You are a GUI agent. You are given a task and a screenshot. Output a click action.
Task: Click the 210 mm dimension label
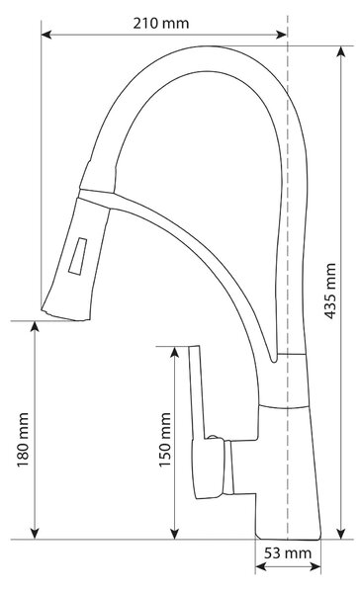click(161, 24)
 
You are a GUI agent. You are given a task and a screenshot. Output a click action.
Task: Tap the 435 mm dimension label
click(331, 291)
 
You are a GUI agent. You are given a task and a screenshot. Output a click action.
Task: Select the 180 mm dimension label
click(23, 440)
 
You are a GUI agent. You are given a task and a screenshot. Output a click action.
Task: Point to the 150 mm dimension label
click(165, 440)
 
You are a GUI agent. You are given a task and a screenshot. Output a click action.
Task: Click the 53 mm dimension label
click(288, 553)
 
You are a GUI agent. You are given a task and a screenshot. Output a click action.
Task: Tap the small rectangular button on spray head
click(77, 256)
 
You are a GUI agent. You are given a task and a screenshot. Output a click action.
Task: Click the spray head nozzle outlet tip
click(65, 316)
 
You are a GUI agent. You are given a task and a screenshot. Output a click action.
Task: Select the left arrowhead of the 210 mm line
click(46, 35)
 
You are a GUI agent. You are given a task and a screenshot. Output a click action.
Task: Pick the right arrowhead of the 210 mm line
click(281, 35)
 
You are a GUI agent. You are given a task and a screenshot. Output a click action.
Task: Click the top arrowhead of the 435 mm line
click(341, 51)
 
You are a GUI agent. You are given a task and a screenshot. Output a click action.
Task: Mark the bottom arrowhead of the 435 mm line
click(341, 534)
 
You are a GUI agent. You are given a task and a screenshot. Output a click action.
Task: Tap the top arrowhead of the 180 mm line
click(35, 326)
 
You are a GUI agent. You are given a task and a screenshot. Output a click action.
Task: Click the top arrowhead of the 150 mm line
click(174, 352)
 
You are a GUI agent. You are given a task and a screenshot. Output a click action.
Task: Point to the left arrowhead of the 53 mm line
click(261, 566)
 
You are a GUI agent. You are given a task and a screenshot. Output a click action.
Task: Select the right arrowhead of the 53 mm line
click(315, 566)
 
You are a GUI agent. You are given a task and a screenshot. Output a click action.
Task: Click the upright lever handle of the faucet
click(197, 393)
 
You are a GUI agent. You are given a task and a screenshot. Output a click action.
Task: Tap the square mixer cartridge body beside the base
click(208, 467)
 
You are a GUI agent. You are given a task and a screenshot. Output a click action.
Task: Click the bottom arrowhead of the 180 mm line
click(35, 534)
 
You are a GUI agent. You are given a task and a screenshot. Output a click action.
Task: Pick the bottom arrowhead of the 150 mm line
click(174, 534)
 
